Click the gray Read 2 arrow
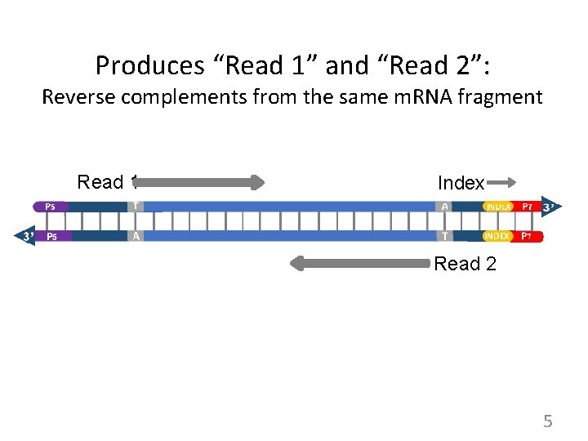click(359, 263)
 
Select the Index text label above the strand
click(461, 183)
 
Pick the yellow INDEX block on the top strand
click(498, 207)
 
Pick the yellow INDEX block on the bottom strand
click(498, 236)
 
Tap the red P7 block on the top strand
click(528, 207)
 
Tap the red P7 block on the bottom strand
click(528, 236)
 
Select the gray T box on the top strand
click(136, 207)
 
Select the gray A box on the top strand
click(444, 207)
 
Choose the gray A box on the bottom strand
click(136, 236)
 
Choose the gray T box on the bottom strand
click(444, 236)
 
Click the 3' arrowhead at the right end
click(550, 207)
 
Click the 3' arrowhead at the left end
click(26, 236)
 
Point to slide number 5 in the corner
click(548, 421)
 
